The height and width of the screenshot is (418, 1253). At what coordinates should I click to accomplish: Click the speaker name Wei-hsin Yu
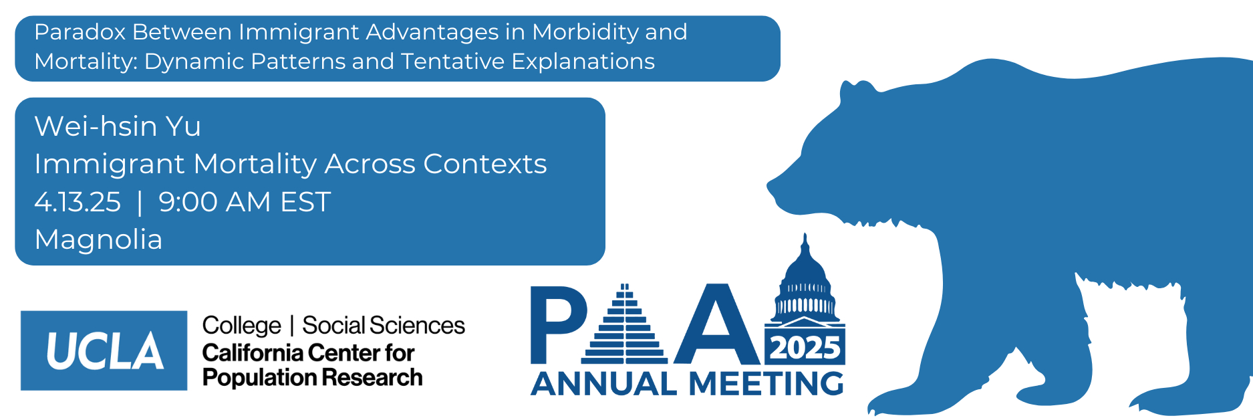pyautogui.click(x=118, y=126)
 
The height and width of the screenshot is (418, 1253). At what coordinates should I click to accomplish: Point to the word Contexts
pyautogui.click(x=484, y=164)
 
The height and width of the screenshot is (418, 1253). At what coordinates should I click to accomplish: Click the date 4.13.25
pyautogui.click(x=78, y=202)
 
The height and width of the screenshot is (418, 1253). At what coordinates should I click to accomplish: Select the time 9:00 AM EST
pyautogui.click(x=245, y=202)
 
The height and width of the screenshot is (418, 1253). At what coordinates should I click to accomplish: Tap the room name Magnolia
pyautogui.click(x=98, y=239)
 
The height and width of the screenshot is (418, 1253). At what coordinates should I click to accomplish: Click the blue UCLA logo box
pyautogui.click(x=104, y=350)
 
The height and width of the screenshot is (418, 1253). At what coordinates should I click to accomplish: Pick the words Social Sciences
pyautogui.click(x=384, y=326)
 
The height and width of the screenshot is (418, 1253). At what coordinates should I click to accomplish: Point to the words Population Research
pyautogui.click(x=312, y=378)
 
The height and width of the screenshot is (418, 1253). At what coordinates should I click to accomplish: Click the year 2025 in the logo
pyautogui.click(x=805, y=348)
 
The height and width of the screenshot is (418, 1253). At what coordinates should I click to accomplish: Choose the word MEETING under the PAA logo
pyautogui.click(x=766, y=384)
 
